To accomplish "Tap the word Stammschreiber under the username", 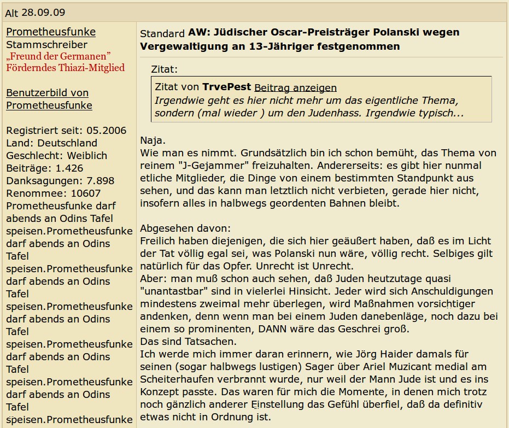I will pos(46,45).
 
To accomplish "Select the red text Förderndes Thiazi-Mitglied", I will pos(65,68).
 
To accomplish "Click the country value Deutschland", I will pos(67,143).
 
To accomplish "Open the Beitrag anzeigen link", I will pos(295,88).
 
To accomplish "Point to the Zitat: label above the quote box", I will pos(165,69).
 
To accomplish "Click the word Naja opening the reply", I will pos(151,140).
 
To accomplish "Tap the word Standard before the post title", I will pos(162,34).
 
